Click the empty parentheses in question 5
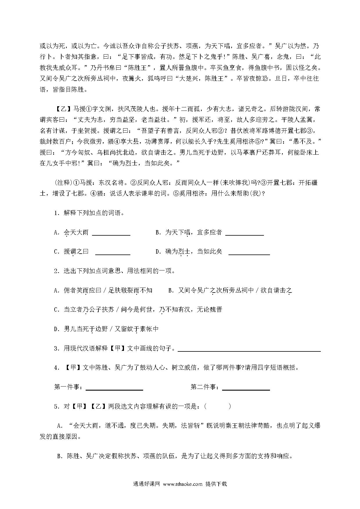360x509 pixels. (x=218, y=407)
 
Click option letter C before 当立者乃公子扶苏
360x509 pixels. (x=57, y=310)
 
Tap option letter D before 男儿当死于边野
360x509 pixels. (x=57, y=329)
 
